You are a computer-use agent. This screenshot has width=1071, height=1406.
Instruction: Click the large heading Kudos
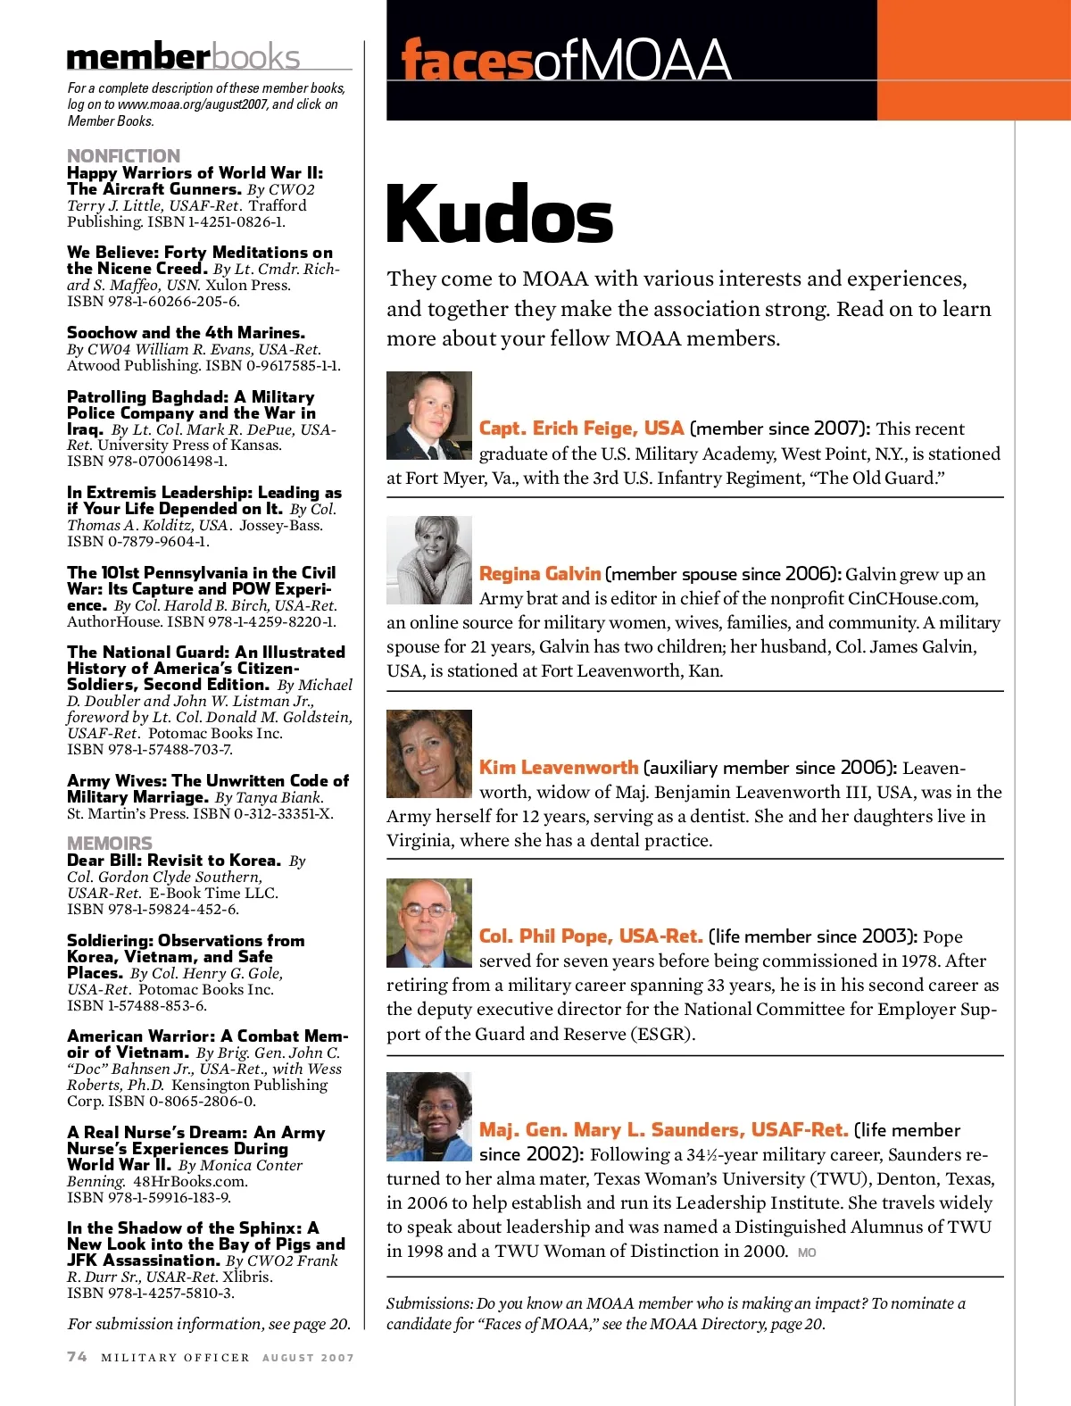pyautogui.click(x=500, y=215)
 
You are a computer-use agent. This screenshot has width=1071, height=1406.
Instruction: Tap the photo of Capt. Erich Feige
pyautogui.click(x=429, y=415)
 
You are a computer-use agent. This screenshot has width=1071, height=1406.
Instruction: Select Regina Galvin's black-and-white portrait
pyautogui.click(x=429, y=560)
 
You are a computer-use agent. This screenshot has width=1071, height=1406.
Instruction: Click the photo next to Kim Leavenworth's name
pyautogui.click(x=429, y=753)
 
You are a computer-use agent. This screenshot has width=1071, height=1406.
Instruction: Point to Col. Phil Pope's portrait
pyautogui.click(x=429, y=922)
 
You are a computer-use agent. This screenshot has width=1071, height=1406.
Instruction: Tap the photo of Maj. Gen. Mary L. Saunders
pyautogui.click(x=429, y=1116)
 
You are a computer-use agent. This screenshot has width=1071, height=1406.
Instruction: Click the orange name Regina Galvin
pyautogui.click(x=540, y=574)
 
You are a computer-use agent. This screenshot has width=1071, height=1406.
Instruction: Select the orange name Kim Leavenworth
pyautogui.click(x=559, y=768)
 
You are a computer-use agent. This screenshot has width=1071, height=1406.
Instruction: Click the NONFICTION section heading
pyautogui.click(x=123, y=156)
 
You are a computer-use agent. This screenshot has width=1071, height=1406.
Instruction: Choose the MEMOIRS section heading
pyautogui.click(x=110, y=844)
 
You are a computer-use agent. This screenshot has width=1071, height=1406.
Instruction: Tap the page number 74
pyautogui.click(x=78, y=1357)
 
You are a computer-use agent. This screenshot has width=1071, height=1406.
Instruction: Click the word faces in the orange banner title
pyautogui.click(x=467, y=61)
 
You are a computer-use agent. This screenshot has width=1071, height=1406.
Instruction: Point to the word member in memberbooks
pyautogui.click(x=138, y=57)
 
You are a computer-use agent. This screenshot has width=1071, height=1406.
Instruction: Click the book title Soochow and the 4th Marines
pyautogui.click(x=186, y=333)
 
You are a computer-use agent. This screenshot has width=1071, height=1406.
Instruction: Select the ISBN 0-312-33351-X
pyautogui.click(x=263, y=814)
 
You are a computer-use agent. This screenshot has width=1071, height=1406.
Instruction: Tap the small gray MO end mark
pyautogui.click(x=807, y=1252)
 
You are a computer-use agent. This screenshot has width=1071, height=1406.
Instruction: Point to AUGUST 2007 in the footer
pyautogui.click(x=308, y=1358)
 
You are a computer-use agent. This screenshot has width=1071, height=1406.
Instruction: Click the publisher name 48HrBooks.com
pyautogui.click(x=189, y=1181)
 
